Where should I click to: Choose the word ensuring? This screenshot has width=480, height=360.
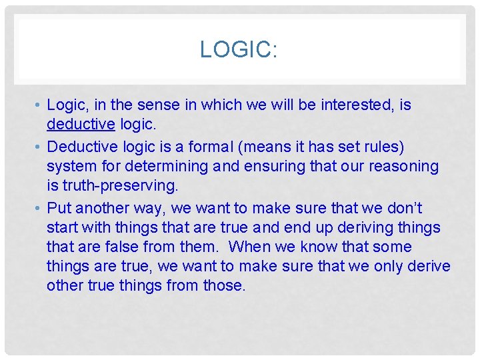(x=309, y=166)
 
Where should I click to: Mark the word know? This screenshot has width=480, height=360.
(x=319, y=247)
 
